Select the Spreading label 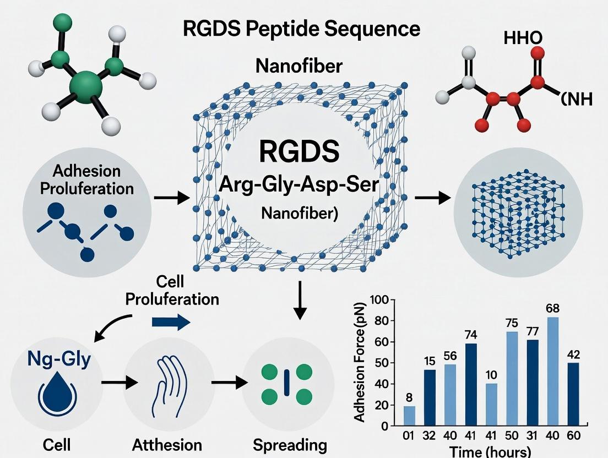[x=290, y=445]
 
